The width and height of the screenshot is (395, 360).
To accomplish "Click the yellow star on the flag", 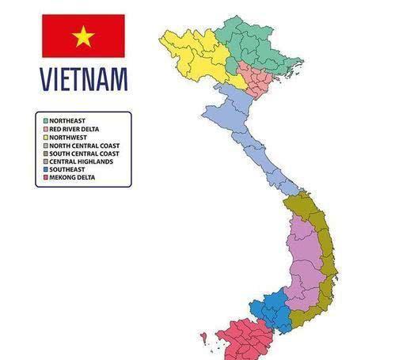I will coord(83,36).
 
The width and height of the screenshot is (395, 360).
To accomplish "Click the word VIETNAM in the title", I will coord(83,80).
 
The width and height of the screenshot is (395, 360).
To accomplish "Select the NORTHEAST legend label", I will coord(68,120).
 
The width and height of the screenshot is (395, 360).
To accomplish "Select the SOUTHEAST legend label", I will coord(67,169).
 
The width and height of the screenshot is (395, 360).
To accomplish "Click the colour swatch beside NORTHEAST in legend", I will coord(45,120).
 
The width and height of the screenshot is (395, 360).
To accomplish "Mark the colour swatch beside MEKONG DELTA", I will coord(45,178).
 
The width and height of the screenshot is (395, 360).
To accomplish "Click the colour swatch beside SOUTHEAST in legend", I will coord(45,169).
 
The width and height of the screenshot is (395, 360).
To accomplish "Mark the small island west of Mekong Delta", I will coord(204,337).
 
